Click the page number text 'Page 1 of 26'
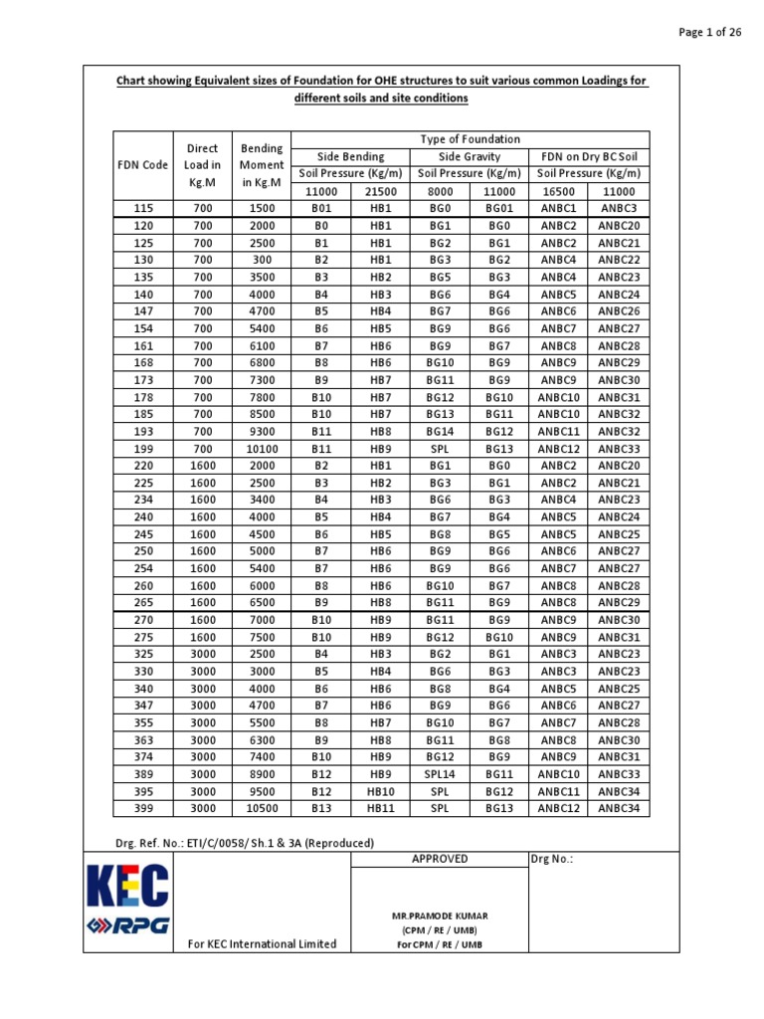click(x=709, y=32)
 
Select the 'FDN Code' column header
click(x=143, y=165)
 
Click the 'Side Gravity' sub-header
click(x=470, y=157)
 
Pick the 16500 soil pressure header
click(x=559, y=191)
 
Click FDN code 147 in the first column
click(x=143, y=311)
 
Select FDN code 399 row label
click(x=143, y=808)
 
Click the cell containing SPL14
click(x=440, y=774)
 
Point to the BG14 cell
click(x=440, y=432)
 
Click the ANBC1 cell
click(x=559, y=208)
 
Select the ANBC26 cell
click(x=619, y=311)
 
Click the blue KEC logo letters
click(x=127, y=886)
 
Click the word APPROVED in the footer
click(x=440, y=859)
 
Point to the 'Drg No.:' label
click(x=552, y=859)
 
